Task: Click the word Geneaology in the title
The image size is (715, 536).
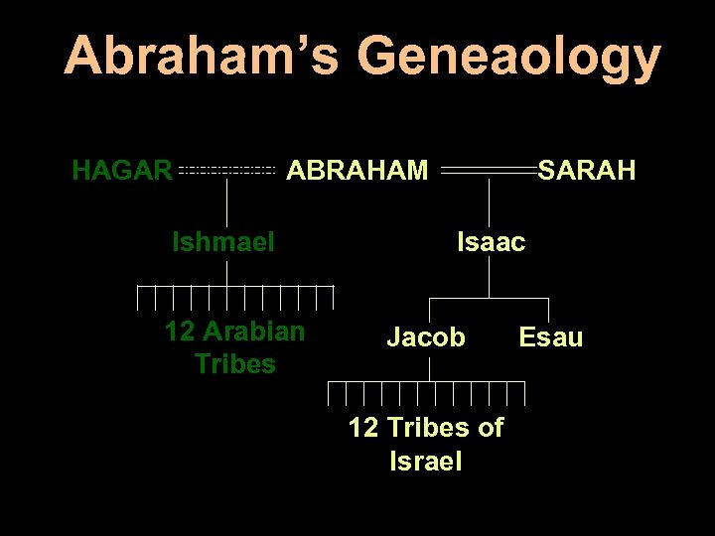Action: [507, 59]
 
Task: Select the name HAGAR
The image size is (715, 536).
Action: [122, 172]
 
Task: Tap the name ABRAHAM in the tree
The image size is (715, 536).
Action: [357, 172]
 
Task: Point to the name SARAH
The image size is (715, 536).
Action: [586, 172]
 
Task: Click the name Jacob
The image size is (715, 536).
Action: [425, 337]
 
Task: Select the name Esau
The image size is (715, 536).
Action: [551, 337]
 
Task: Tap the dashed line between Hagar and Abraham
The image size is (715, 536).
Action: [226, 172]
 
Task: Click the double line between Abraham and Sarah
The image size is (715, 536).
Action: [489, 172]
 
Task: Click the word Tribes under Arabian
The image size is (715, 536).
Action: [235, 364]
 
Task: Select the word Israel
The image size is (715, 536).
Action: [426, 462]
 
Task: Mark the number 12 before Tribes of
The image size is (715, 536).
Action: [362, 428]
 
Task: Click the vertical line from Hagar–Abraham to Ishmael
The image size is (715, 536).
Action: [227, 203]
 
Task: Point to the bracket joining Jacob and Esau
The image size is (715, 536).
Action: [490, 298]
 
